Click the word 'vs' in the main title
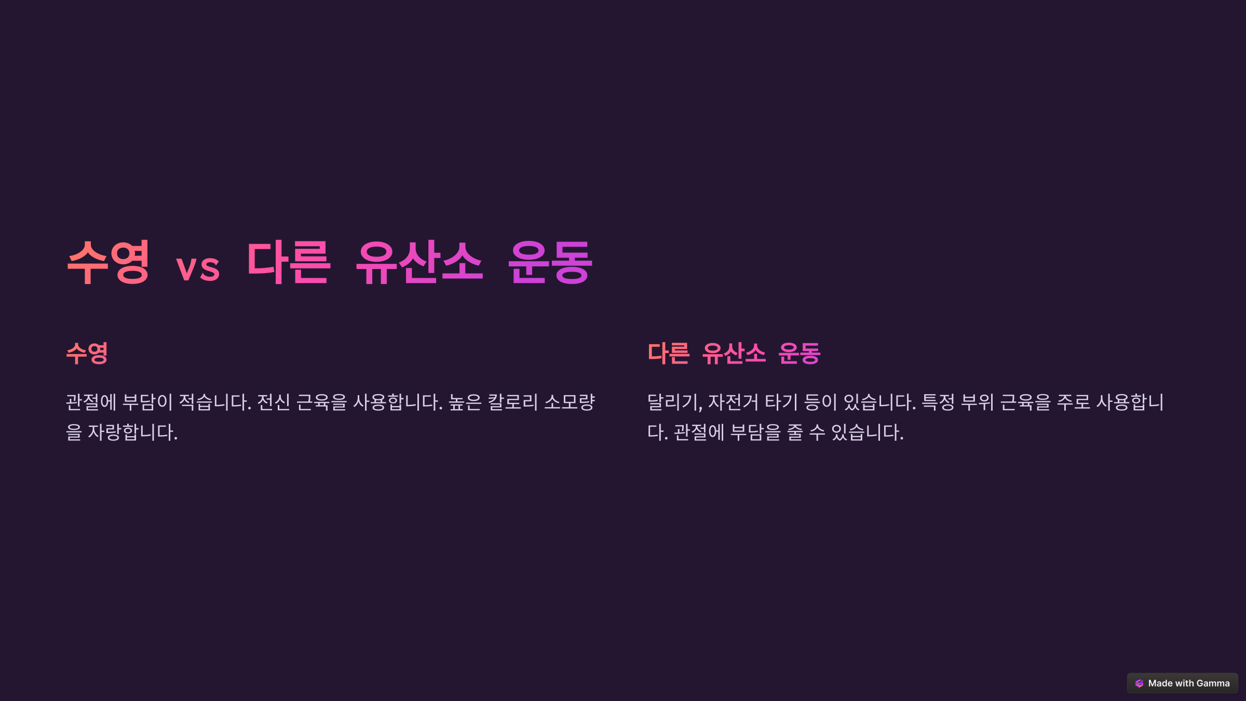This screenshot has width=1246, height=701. pyautogui.click(x=198, y=268)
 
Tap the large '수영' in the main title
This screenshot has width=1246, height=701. pyautogui.click(x=109, y=262)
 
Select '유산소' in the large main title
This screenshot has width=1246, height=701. pyautogui.click(x=419, y=263)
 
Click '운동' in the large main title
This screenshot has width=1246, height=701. pyautogui.click(x=550, y=263)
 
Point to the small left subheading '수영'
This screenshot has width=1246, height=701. pyautogui.click(x=87, y=354)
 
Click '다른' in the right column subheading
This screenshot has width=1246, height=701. pyautogui.click(x=669, y=354)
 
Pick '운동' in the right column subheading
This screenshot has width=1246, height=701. pyautogui.click(x=800, y=354)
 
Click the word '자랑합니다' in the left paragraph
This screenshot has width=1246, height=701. pyautogui.click(x=132, y=432)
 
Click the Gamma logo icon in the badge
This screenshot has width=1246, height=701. pyautogui.click(x=1139, y=683)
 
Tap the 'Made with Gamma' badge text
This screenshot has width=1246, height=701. pyautogui.click(x=1189, y=683)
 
